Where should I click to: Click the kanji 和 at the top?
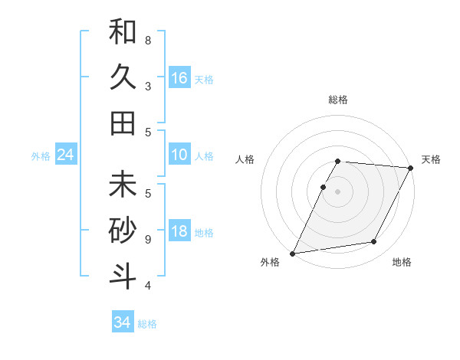pos(123,33)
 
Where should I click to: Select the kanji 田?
pos(123,123)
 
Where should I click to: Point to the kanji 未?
pos(123,185)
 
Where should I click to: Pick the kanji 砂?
pos(123,231)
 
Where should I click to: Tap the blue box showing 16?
pos(179,78)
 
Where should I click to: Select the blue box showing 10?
pos(179,155)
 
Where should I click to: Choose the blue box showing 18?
pos(179,232)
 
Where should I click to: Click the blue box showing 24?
pos(65,155)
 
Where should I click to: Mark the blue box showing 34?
pos(123,322)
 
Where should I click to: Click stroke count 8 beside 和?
pos(148,40)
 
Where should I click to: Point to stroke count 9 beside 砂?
pos(148,239)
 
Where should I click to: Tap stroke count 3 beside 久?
pos(148,86)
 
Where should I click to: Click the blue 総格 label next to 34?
pos(147,324)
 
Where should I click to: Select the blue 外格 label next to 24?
pos(41,156)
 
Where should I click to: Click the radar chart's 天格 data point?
pos(411,168)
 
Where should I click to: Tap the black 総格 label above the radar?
pos(337,100)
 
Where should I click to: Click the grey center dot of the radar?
pos(337,191)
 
